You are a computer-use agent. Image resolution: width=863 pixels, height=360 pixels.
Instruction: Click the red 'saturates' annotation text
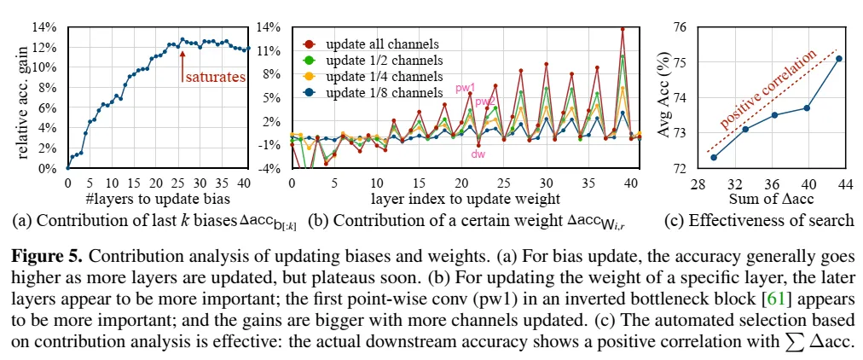pyautogui.click(x=214, y=77)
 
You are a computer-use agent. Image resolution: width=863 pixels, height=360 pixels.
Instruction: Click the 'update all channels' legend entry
pyautogui.click(x=373, y=44)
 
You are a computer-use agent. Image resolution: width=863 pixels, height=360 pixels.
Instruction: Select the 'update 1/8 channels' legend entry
pyautogui.click(x=374, y=92)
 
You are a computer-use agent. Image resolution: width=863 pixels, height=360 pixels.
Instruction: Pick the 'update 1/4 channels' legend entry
pyautogui.click(x=374, y=76)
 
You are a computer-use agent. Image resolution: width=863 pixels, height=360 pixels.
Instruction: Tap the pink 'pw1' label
pyautogui.click(x=465, y=87)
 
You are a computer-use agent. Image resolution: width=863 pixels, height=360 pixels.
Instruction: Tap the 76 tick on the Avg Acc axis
pyautogui.click(x=679, y=26)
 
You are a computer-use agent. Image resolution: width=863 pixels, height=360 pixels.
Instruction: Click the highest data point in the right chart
pyautogui.click(x=838, y=59)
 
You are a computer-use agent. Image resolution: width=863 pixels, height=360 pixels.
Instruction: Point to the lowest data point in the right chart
pyautogui.click(x=713, y=157)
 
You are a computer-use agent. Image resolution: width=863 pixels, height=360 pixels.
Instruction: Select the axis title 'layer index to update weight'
pyautogui.click(x=465, y=199)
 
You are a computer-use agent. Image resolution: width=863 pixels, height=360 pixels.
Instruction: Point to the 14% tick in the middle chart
pyautogui.click(x=269, y=26)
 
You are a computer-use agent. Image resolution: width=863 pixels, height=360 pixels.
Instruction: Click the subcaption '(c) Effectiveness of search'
pyautogui.click(x=758, y=220)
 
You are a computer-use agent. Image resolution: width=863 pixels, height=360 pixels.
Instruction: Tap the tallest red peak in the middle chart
pyautogui.click(x=623, y=29)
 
